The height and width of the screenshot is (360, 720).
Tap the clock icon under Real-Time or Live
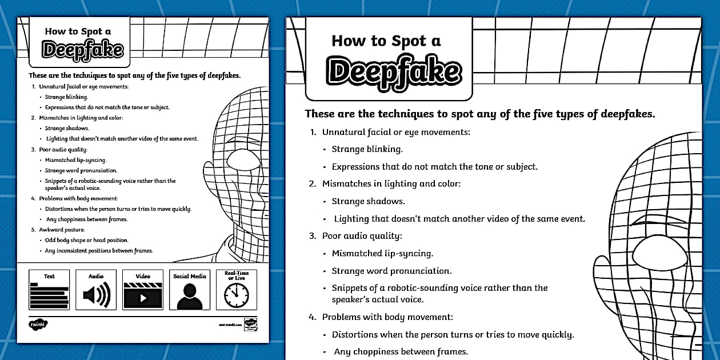236,295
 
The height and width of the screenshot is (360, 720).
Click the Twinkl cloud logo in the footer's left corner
38,325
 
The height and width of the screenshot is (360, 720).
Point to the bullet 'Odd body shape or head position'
86,240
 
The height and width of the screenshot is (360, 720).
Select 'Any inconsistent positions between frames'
99,251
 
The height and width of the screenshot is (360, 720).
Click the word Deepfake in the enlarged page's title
393,71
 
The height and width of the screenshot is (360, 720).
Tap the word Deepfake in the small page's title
83,50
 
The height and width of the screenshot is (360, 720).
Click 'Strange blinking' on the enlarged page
367,149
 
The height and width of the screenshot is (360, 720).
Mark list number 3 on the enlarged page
313,235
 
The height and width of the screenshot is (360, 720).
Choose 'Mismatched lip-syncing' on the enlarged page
382,253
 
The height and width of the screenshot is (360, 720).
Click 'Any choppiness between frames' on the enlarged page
401,351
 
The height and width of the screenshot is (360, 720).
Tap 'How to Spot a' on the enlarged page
386,41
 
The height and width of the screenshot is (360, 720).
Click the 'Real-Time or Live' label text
237,275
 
